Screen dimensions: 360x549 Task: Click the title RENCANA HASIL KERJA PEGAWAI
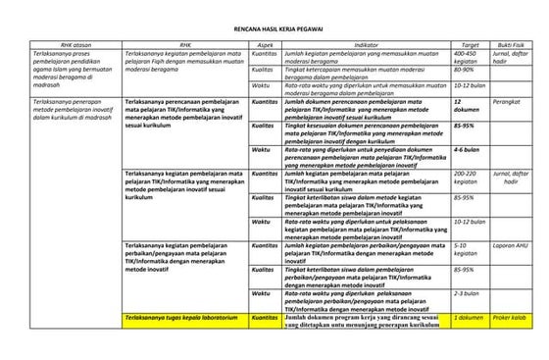[274, 30]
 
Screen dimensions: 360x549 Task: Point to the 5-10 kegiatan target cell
[466, 250]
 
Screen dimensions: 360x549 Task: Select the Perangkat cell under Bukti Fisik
[507, 101]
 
